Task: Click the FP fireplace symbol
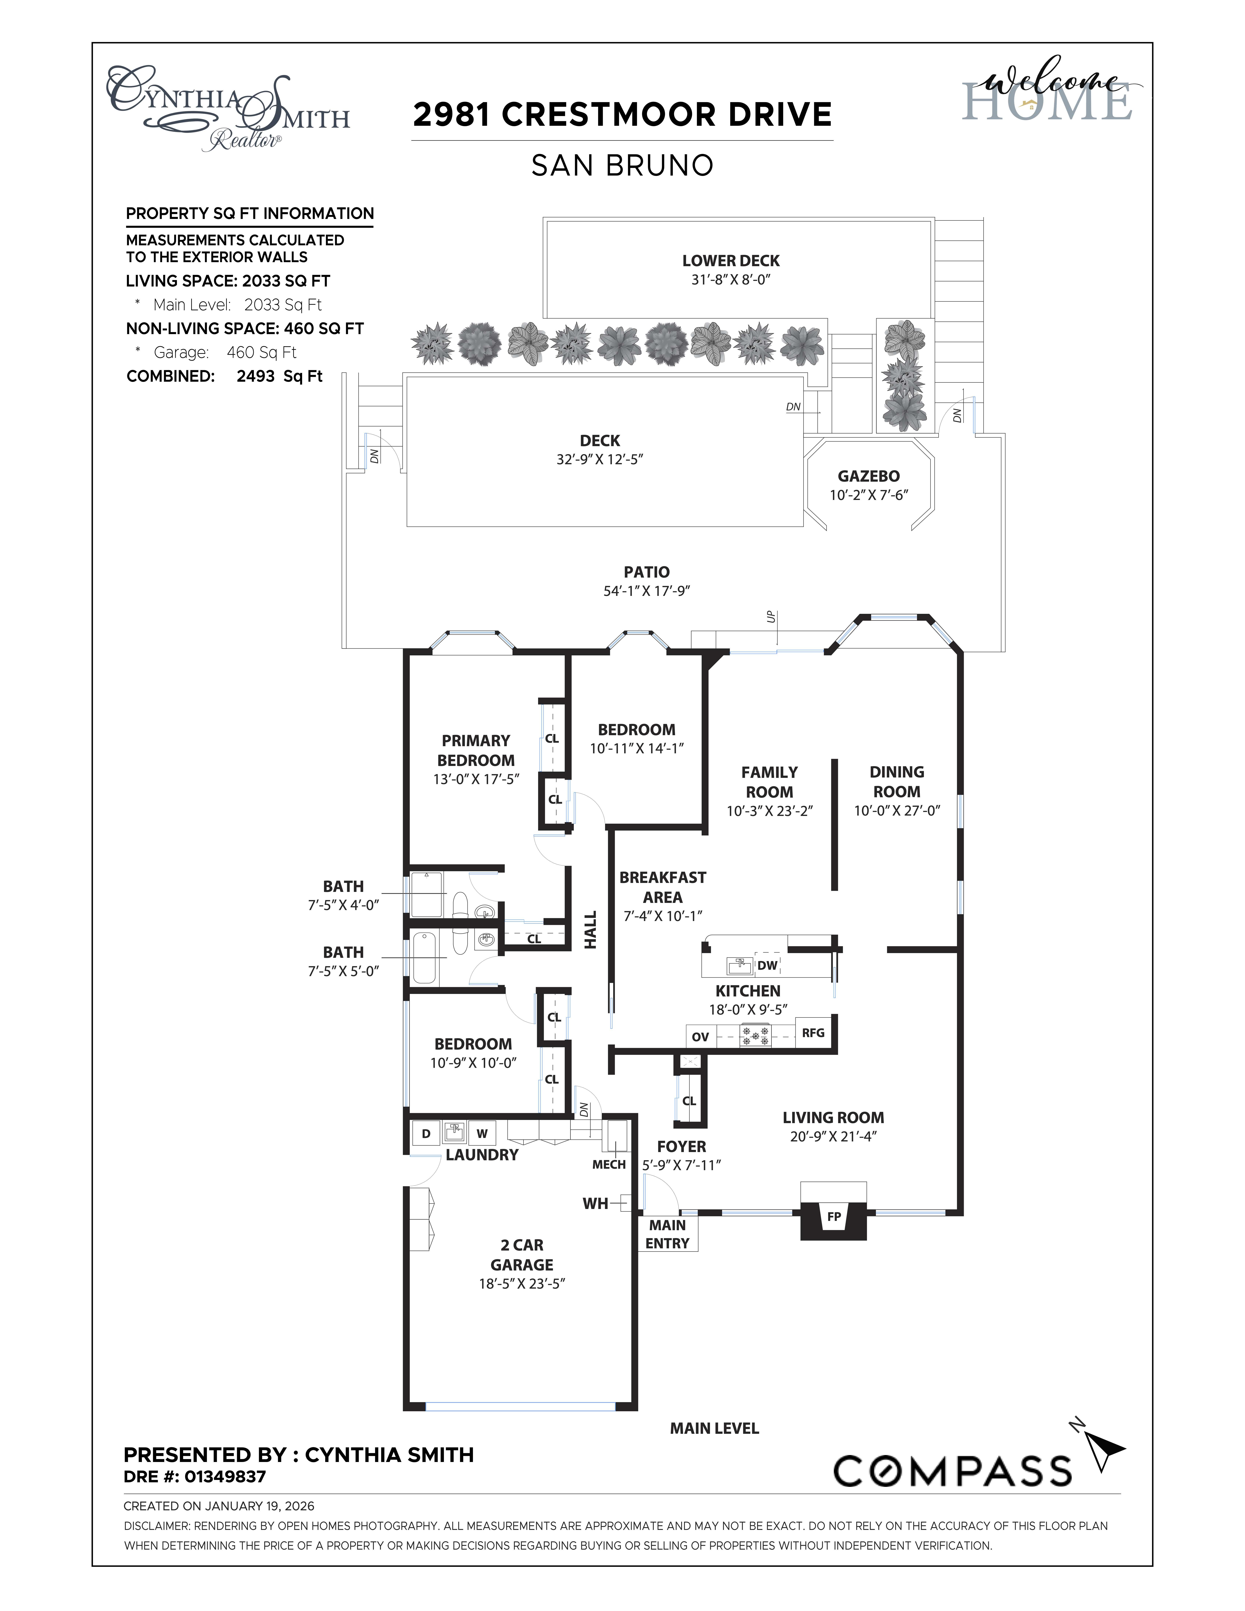833,1216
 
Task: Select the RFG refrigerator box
813,1033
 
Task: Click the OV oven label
700,1036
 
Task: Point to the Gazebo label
868,477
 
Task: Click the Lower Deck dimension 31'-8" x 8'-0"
730,280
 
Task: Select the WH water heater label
595,1203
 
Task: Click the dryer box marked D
425,1134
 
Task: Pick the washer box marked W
482,1134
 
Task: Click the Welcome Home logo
1047,92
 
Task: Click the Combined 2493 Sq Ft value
280,376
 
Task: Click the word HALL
590,929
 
